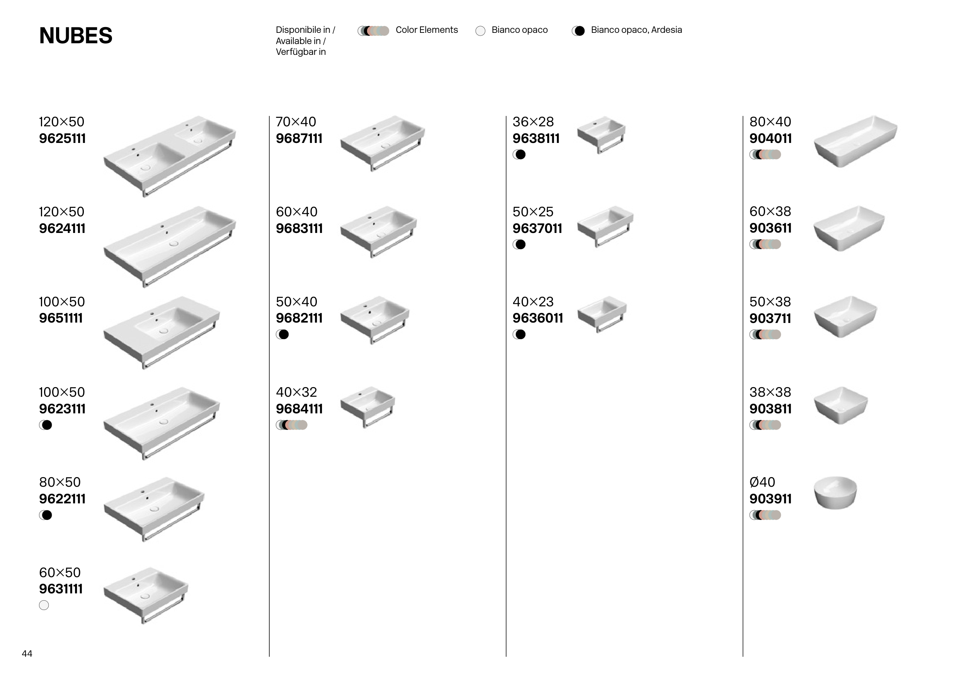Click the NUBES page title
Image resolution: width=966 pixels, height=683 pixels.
pos(76,35)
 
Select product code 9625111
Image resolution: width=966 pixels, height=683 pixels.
pos(62,138)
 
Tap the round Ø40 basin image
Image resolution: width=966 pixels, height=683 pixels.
pos(835,493)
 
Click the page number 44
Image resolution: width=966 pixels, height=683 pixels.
pos(27,653)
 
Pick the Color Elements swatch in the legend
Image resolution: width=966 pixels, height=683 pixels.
pos(373,31)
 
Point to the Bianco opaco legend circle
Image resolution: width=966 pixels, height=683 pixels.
pos(480,31)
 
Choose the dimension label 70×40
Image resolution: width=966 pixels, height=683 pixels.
pos(296,122)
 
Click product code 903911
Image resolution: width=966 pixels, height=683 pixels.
pos(770,499)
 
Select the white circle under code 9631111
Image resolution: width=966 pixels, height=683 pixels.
pos(44,605)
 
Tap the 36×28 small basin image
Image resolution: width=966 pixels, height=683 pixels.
pos(601,134)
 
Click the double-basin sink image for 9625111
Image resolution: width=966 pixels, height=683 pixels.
pos(170,156)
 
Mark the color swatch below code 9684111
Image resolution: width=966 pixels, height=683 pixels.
pos(292,425)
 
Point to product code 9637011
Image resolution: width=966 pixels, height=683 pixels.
pos(537,228)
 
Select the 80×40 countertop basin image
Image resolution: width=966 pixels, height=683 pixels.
pos(855,141)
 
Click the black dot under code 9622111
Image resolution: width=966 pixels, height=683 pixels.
pos(47,515)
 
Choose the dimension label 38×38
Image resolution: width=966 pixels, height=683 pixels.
pos(770,392)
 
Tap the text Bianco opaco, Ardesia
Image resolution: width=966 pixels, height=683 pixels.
pos(636,30)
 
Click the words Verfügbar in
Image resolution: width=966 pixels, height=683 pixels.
pos(301,52)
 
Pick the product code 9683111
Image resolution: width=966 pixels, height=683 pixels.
pos(299,228)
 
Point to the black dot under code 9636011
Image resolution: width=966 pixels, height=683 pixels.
pos(521,334)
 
